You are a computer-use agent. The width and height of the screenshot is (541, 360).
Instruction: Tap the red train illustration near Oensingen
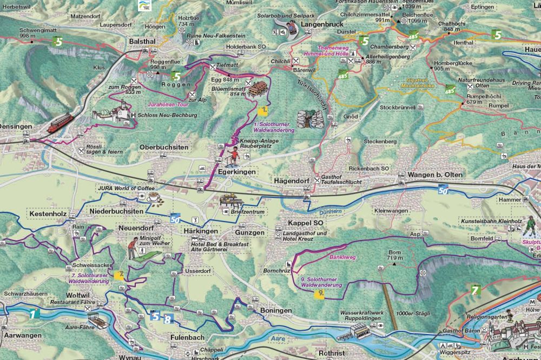[60, 123]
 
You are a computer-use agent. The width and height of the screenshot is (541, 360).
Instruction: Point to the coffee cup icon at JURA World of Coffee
[154, 197]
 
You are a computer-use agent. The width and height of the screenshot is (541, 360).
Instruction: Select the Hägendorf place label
[293, 182]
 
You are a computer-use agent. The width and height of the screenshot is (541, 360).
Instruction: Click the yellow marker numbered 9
[320, 293]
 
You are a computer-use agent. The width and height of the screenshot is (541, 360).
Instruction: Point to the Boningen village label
[275, 311]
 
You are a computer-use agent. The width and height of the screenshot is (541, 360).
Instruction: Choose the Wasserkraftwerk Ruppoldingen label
[362, 315]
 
